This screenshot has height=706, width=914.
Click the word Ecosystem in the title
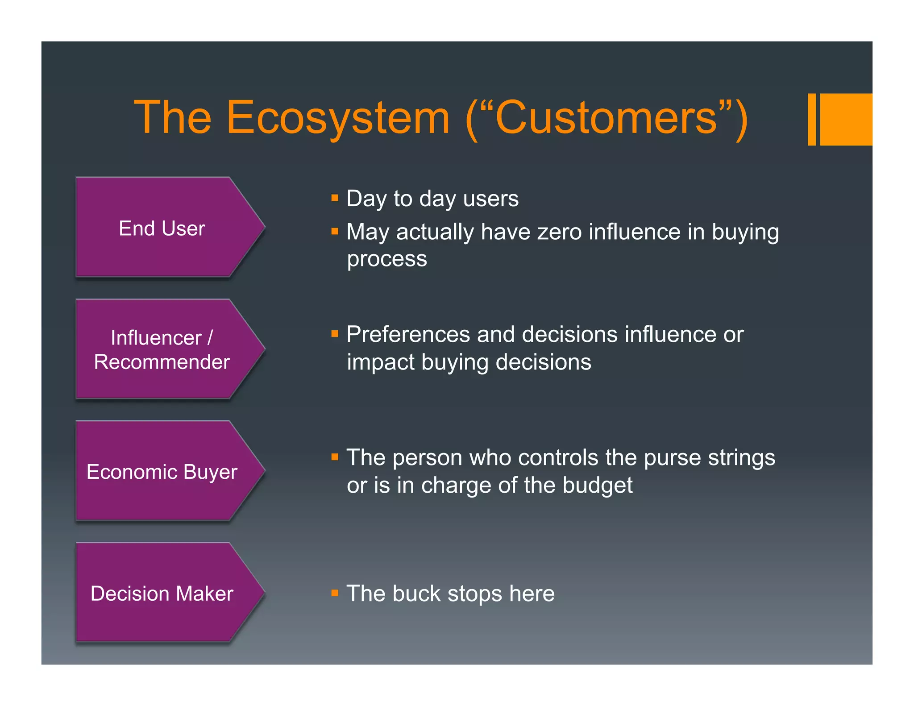click(x=338, y=118)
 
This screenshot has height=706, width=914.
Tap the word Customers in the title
click(x=607, y=118)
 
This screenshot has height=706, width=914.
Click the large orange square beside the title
click(x=846, y=119)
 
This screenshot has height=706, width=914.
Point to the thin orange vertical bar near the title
click(x=812, y=119)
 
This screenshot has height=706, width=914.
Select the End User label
click(x=162, y=228)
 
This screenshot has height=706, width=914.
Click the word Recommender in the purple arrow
click(x=162, y=362)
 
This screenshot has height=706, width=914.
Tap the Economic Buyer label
click(x=162, y=472)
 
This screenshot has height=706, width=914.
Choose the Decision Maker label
click(x=162, y=594)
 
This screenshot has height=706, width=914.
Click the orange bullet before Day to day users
click(x=335, y=198)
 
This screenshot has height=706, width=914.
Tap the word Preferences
click(x=408, y=334)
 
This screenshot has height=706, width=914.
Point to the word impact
click(x=381, y=362)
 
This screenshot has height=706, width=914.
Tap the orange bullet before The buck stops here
click(x=335, y=593)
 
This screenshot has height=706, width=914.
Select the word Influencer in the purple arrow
click(x=156, y=338)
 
